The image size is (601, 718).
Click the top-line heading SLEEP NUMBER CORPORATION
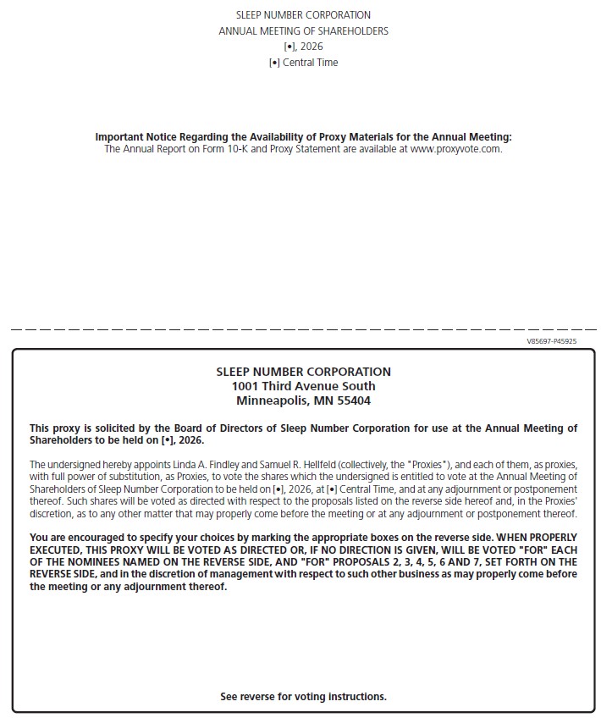click(x=303, y=15)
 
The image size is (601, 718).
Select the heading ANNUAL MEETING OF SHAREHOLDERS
click(x=303, y=31)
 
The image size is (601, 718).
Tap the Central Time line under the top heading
click(x=303, y=63)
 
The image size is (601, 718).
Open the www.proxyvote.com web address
click(x=455, y=149)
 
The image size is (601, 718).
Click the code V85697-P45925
click(x=551, y=342)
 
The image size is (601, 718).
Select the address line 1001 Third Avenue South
click(x=303, y=386)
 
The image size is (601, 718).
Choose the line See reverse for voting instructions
click(x=303, y=697)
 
